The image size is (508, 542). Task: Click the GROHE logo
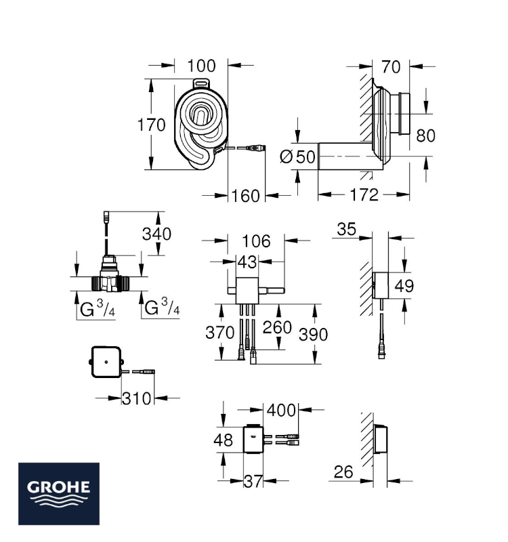(x=59, y=494)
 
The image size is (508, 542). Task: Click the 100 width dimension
(x=201, y=66)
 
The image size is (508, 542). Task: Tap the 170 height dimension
(x=151, y=125)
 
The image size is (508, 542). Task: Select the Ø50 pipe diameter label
(x=297, y=157)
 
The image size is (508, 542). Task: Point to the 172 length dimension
(x=364, y=195)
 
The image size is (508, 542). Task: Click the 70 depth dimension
(x=391, y=66)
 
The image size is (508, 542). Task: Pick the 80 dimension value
(x=425, y=135)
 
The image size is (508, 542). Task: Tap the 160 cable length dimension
(x=245, y=196)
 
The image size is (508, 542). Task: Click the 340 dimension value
(x=156, y=234)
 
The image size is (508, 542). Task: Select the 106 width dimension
(x=256, y=241)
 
